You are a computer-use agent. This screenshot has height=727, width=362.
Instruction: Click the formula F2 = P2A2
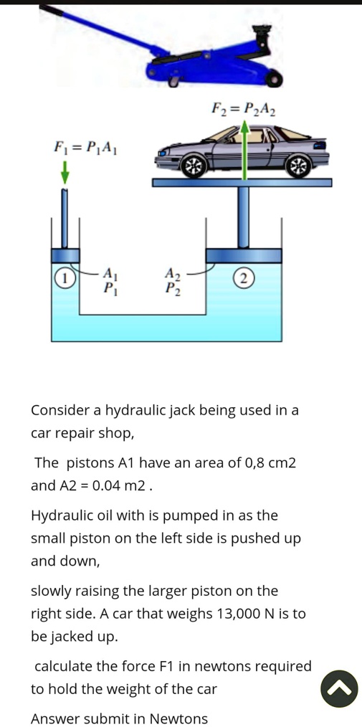click(244, 110)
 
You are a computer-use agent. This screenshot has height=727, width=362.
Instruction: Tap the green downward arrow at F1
click(65, 172)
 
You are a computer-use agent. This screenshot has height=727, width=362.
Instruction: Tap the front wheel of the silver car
click(194, 167)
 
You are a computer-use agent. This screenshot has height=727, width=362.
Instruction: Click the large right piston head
click(244, 255)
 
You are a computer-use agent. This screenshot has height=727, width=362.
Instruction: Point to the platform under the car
click(242, 183)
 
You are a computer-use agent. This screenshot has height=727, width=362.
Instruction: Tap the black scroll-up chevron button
click(339, 688)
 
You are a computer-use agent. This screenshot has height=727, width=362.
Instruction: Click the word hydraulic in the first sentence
click(135, 411)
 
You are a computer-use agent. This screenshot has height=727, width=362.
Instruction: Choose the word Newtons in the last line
click(178, 718)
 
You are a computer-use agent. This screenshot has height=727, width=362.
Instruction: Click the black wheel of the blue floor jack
click(276, 80)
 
